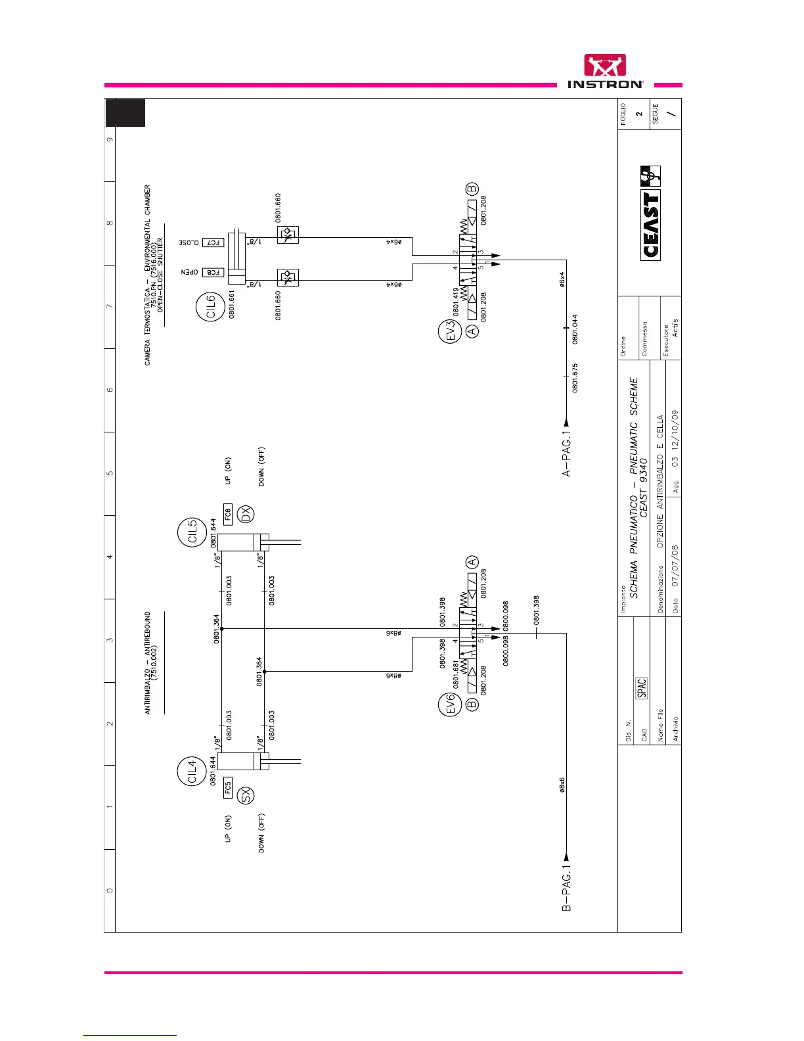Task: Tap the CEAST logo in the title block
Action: [650, 214]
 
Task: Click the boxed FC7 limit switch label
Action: [213, 243]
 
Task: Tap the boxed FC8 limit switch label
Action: [213, 272]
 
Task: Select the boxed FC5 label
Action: [228, 787]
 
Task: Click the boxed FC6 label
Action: [228, 514]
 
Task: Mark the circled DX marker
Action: [246, 514]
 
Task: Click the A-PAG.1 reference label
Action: [566, 453]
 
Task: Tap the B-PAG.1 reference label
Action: [566, 888]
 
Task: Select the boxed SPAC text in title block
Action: [642, 687]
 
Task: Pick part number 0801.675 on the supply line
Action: [575, 378]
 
